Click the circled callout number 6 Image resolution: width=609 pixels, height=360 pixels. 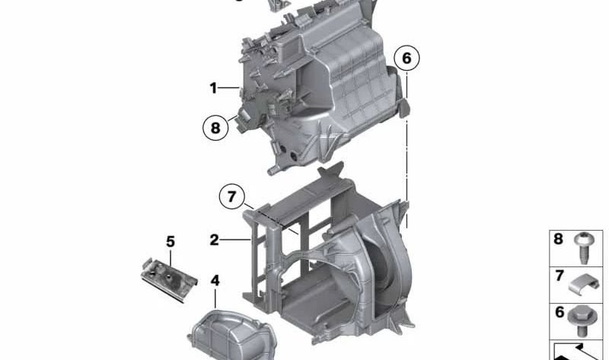pos(407,59)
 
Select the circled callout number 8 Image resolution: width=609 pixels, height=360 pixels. pos(215,128)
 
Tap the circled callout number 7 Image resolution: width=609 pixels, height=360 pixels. pos(232,196)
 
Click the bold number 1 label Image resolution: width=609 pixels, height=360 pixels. pos(213,88)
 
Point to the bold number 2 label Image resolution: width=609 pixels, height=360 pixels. pos(214,240)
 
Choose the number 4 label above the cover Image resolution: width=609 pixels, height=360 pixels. pos(215,280)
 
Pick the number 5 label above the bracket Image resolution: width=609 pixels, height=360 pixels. pos(171,241)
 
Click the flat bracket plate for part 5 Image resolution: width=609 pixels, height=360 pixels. pos(169,279)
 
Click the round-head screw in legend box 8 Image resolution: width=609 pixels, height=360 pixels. pos(582,247)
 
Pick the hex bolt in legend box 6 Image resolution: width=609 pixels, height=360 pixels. pos(581,320)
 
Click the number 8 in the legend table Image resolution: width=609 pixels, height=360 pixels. pos(558,239)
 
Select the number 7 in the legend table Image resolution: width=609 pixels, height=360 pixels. pos(560,276)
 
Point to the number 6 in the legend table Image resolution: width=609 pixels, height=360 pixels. pos(560,312)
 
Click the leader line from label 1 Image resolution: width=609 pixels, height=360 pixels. pos(228,88)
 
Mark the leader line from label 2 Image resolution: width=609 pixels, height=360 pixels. pos(235,240)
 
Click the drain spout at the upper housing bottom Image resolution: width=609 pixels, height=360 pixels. pos(274,170)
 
